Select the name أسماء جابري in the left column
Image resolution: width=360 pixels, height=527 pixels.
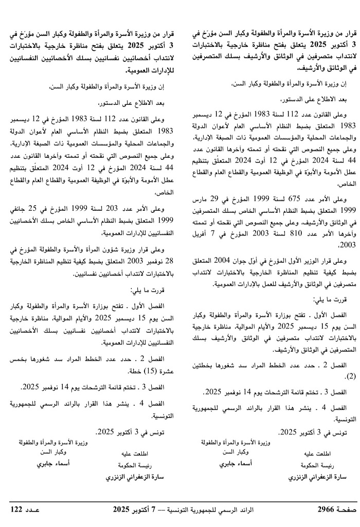click(x=53, y=463)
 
